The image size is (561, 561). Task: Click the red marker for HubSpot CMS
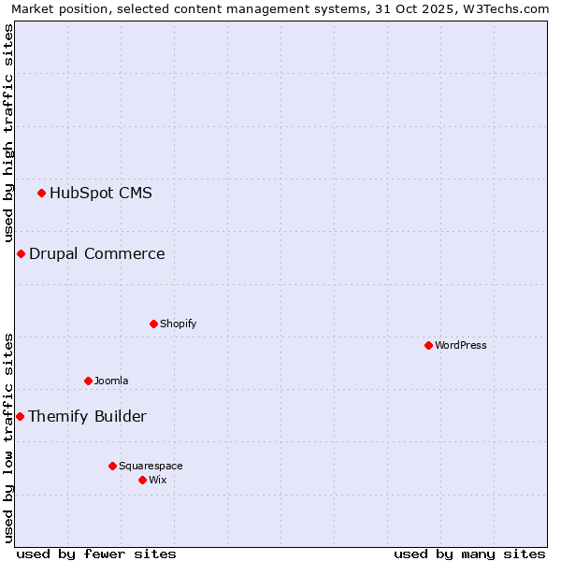pos(41,194)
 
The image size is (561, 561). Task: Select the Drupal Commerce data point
pos(21,254)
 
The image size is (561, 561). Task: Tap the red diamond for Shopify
pos(153,324)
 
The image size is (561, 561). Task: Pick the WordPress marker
pos(428,346)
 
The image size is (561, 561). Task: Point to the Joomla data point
pos(88,381)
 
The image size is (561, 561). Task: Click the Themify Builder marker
pos(20,417)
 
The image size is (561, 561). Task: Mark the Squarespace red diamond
pos(112,467)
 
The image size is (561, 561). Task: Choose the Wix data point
pos(142,481)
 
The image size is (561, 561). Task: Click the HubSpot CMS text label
pos(100,194)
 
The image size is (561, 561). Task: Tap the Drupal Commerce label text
pos(96,254)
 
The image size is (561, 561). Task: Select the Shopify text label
pos(178,324)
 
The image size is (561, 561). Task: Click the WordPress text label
pos(460,346)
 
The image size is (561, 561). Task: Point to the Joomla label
pos(111,381)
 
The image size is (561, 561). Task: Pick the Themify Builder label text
pos(87,417)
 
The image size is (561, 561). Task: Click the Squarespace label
pos(151,467)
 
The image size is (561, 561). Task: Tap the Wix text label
pos(158,481)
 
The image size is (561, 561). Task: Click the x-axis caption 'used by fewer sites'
pos(96,554)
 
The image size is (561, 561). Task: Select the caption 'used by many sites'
pos(469,554)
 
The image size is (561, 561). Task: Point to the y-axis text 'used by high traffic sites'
pos(9,133)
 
